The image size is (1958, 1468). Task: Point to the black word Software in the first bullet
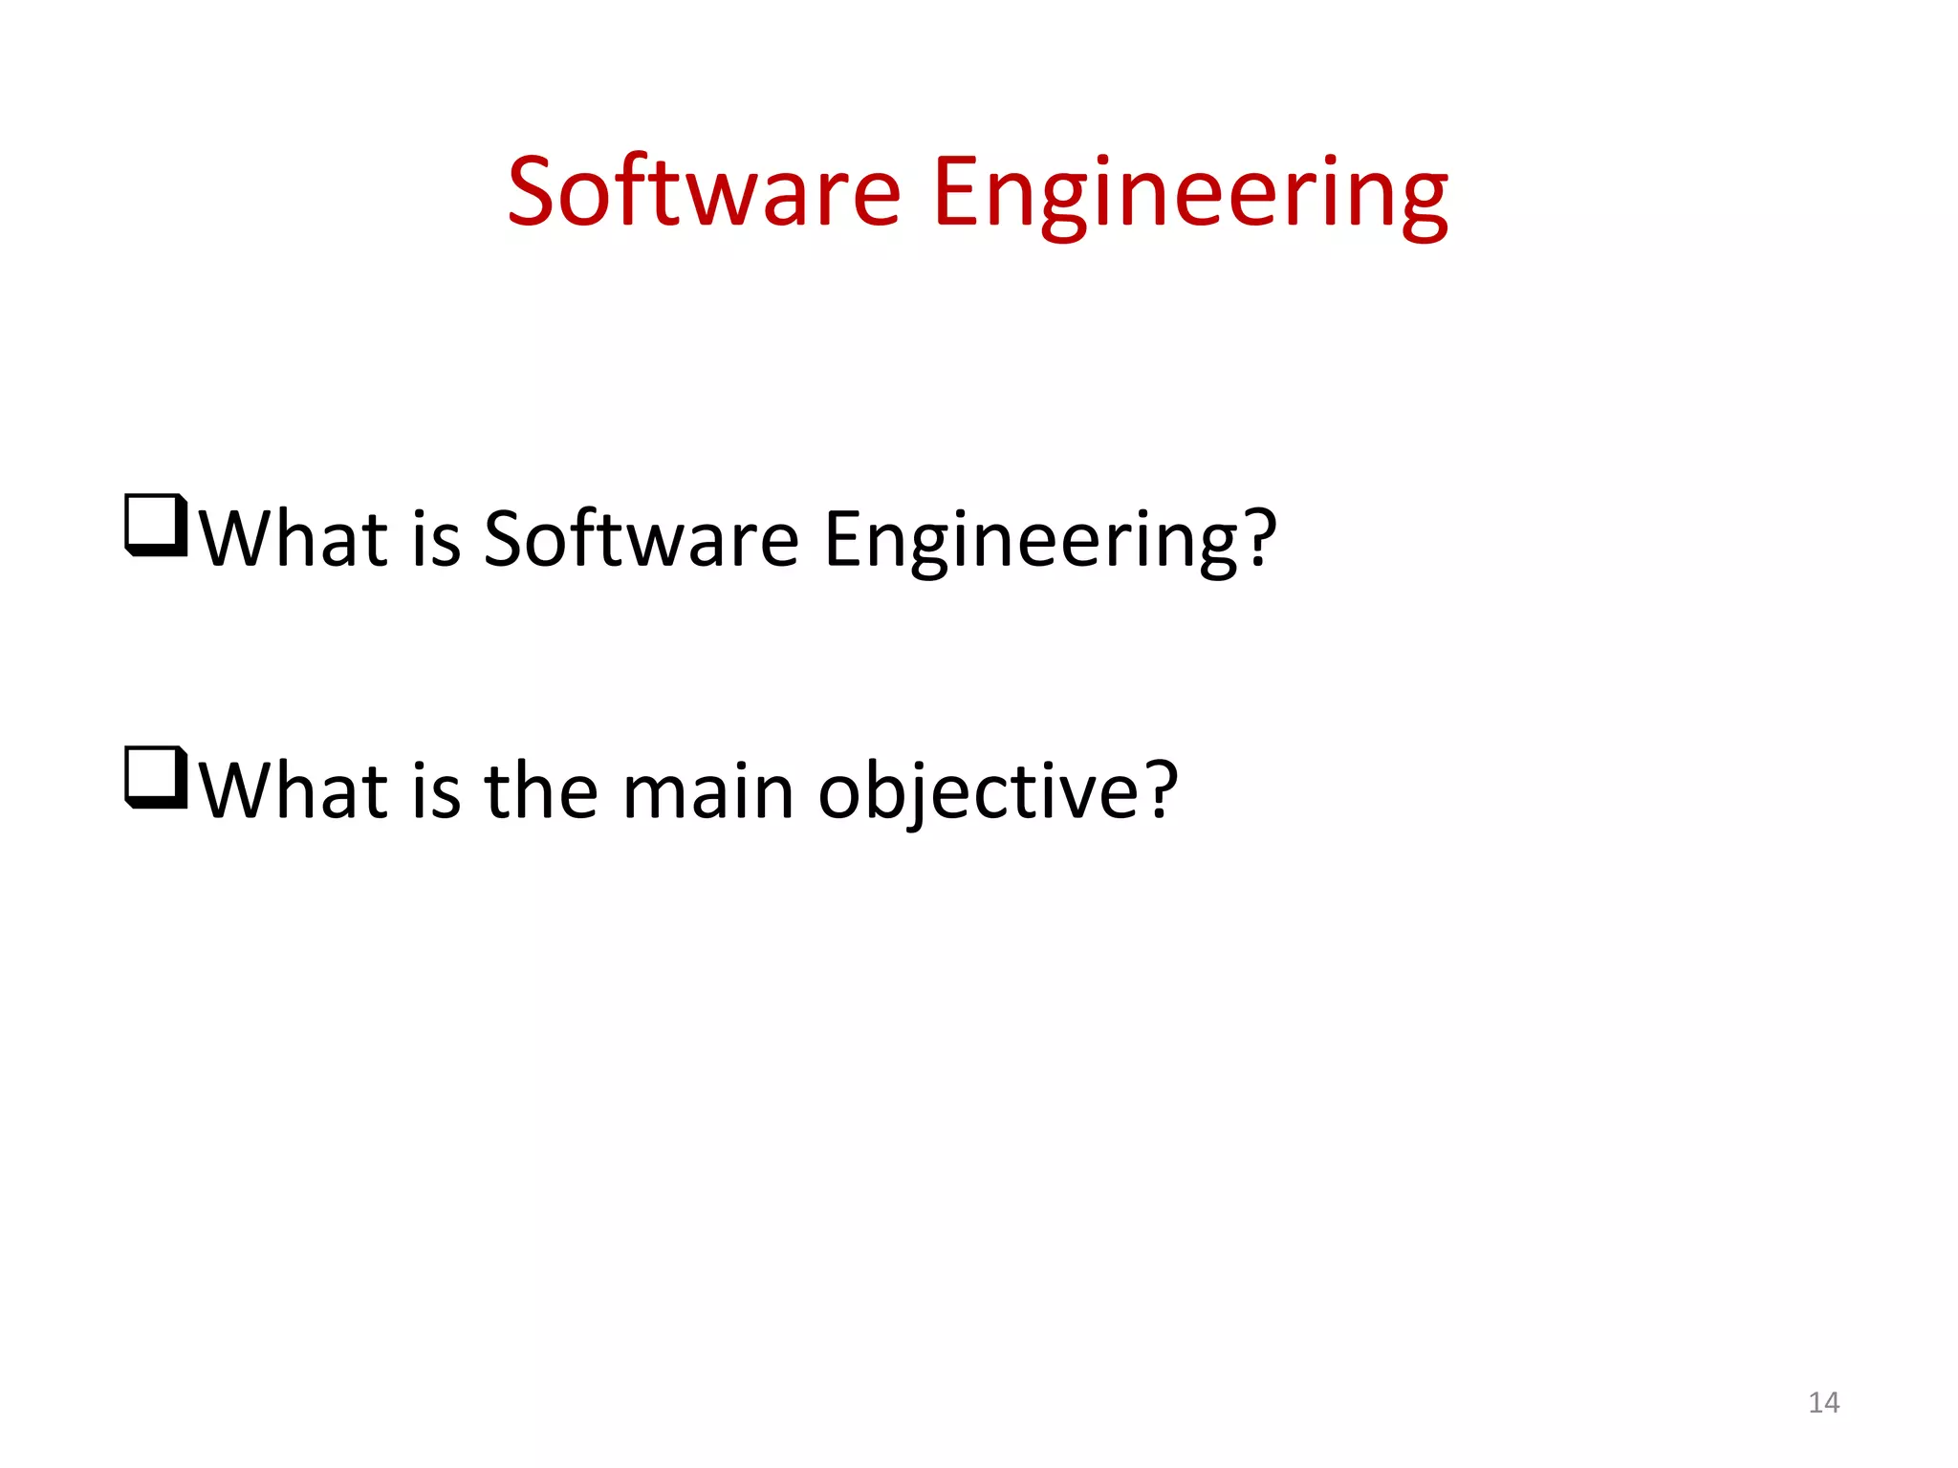click(x=641, y=538)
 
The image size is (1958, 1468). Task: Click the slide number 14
click(x=1823, y=1402)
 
